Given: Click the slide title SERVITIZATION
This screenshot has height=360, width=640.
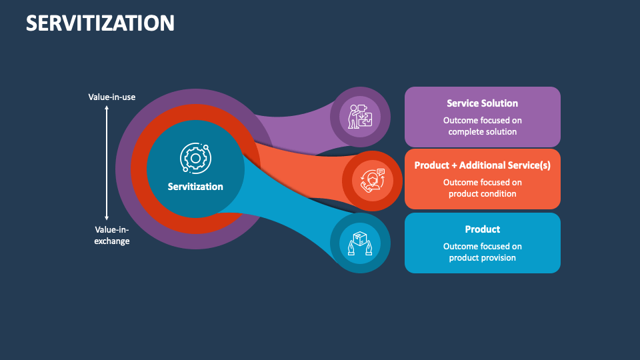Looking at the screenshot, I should click(x=100, y=23).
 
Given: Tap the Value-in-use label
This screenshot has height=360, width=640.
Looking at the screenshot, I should click(x=112, y=97).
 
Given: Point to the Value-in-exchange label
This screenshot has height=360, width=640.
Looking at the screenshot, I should click(x=112, y=235).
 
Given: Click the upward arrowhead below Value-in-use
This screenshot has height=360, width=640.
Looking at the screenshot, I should click(x=107, y=109).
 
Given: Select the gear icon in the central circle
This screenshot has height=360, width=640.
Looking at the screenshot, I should click(x=195, y=158).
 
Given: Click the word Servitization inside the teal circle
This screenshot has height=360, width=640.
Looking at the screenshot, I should click(x=195, y=187).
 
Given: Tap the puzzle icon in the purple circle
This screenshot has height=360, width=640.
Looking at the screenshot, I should click(x=361, y=117).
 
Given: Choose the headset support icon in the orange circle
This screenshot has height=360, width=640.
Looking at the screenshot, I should click(x=373, y=181).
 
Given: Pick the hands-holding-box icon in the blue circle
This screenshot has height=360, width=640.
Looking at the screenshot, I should click(x=360, y=243).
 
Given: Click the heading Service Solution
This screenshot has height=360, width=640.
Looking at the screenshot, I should click(x=482, y=103).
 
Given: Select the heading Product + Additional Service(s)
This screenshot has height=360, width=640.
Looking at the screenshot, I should click(x=482, y=165).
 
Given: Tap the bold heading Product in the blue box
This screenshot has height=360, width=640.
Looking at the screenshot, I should click(x=482, y=229).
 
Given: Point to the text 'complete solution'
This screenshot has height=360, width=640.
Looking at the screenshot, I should click(x=482, y=132).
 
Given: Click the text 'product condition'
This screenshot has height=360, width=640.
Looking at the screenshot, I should click(x=482, y=194).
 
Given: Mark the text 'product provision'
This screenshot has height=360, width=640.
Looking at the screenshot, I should click(x=482, y=258).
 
